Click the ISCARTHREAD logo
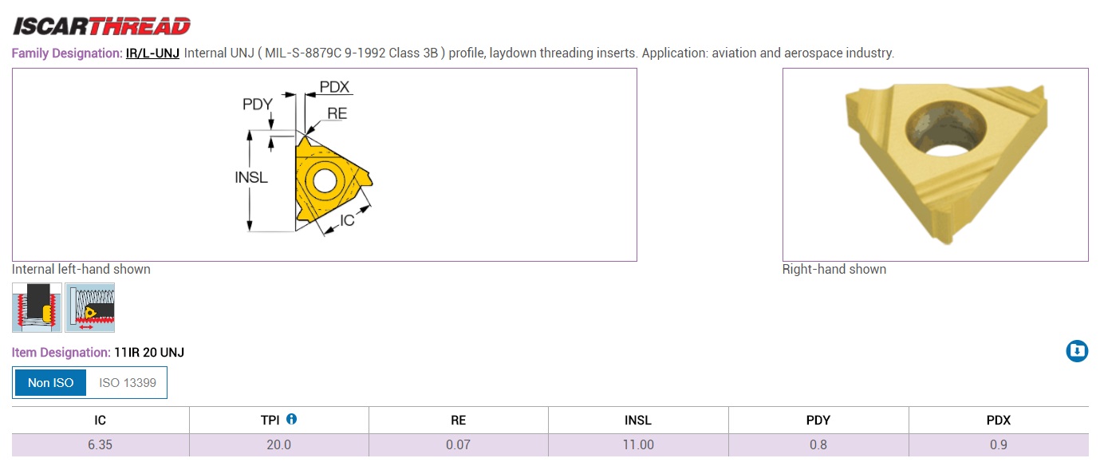[101, 26]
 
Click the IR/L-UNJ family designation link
[152, 53]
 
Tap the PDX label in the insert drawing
[334, 87]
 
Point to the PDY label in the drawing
[258, 104]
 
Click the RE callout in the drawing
[337, 113]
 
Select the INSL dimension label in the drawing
[251, 177]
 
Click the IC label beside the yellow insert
[347, 220]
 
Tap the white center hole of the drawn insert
[324, 182]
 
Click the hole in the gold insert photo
[945, 129]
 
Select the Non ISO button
[50, 382]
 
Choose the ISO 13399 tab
[127, 382]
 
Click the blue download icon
[1077, 351]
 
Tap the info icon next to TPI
[291, 419]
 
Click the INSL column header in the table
[638, 421]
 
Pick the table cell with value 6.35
[101, 445]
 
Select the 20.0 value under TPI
[279, 445]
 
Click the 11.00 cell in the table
[638, 445]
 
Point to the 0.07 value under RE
[458, 445]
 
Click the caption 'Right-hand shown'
[834, 269]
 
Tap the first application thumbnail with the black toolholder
[37, 307]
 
